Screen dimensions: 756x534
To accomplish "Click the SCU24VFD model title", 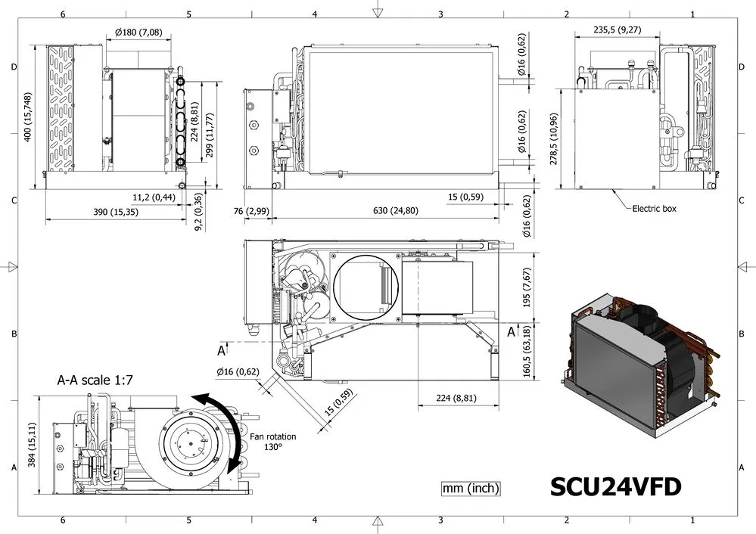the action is coord(616,487).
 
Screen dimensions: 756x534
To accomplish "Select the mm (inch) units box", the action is coord(471,488).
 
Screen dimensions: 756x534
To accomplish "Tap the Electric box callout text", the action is coord(654,209).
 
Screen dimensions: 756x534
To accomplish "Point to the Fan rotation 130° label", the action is coord(273,442).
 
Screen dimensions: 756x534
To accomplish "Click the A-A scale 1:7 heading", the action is coord(95,380).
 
